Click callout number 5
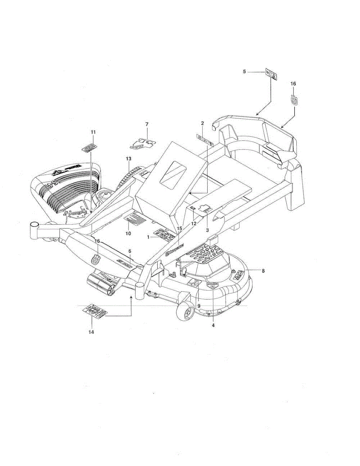point(244,72)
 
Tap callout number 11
point(93,132)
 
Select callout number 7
point(147,124)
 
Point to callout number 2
point(202,123)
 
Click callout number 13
point(129,158)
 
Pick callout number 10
point(128,233)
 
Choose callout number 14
point(91,332)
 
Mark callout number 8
point(263,271)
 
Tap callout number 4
point(213,325)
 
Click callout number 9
point(199,306)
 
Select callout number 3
point(208,230)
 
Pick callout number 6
point(130,251)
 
